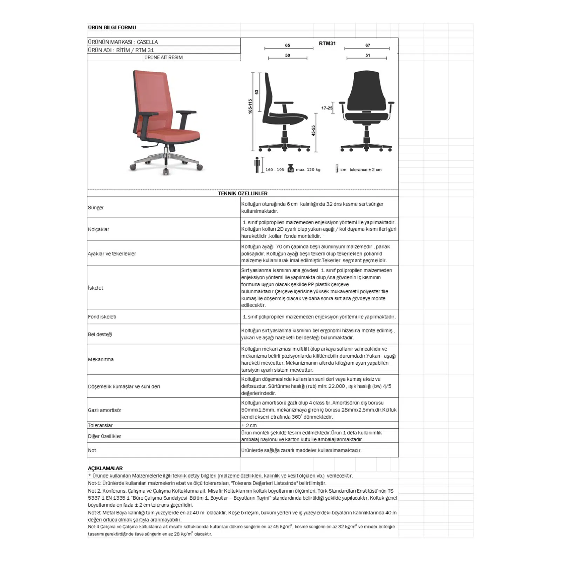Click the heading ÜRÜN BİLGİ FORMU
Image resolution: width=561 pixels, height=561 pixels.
pos(112,27)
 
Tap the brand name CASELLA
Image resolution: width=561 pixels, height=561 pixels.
pos(147,42)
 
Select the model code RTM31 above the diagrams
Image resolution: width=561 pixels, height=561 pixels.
pos(327,43)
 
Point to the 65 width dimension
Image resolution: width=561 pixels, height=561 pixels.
pos(288,45)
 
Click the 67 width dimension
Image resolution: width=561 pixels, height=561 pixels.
pos(367,45)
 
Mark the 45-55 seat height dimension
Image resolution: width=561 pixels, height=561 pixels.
pos(313,130)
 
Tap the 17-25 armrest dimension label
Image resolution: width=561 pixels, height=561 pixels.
pos(327,108)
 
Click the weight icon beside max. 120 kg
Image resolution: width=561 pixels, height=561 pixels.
pos(290,169)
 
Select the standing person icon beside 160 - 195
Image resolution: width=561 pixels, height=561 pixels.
pos(257,165)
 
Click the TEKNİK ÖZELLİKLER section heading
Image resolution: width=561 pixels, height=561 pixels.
pos(243,193)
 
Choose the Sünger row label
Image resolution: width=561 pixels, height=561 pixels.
pos(96,208)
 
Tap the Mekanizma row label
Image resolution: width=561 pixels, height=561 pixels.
pos(101,359)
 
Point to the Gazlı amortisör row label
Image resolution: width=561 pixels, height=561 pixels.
pos(104,410)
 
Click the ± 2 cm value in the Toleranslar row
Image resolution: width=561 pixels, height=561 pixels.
pos(249,425)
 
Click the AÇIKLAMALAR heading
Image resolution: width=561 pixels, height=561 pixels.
pos(105,468)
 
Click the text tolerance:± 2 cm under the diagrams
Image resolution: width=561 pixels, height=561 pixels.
pos(365,170)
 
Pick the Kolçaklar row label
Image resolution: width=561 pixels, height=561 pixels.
pos(99,229)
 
